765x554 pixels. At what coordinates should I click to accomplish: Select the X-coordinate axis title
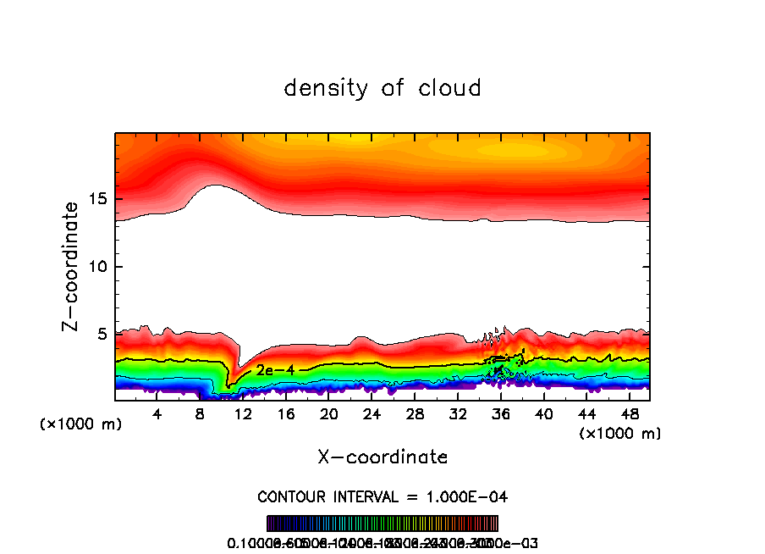(x=382, y=457)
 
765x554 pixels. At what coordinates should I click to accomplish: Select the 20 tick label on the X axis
(x=328, y=414)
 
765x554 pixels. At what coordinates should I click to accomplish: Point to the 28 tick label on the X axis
(x=415, y=414)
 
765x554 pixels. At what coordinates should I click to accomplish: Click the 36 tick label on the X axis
(x=500, y=414)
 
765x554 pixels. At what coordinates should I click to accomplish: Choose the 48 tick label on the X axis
(x=629, y=414)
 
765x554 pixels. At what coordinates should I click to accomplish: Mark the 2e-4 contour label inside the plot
(x=270, y=369)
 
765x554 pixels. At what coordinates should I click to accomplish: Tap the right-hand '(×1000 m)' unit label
(x=620, y=434)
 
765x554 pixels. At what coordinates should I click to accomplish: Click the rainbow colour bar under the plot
(x=382, y=523)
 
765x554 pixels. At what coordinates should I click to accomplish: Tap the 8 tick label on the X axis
(x=201, y=414)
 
